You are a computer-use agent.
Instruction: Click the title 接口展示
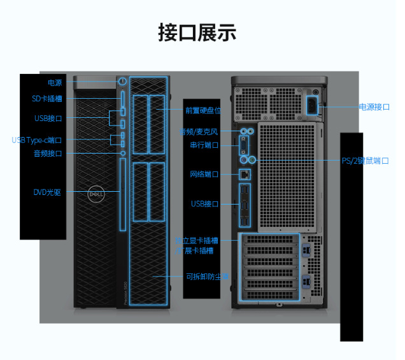[197, 33]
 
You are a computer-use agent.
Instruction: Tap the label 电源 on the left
[55, 83]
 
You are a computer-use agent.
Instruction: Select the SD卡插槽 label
[47, 99]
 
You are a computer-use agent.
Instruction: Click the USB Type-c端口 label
[37, 140]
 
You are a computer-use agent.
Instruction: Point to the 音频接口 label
[48, 154]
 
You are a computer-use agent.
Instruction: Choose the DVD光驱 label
[47, 192]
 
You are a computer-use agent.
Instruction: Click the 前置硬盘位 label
[203, 110]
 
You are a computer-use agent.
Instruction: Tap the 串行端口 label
[204, 145]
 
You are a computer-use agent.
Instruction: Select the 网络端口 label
[204, 174]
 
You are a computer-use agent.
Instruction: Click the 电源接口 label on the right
[374, 107]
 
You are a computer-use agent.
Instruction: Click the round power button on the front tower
[122, 82]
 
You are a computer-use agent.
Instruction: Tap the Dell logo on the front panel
[95, 191]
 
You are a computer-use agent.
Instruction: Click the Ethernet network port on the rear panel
[245, 173]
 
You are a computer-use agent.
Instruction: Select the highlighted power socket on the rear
[314, 105]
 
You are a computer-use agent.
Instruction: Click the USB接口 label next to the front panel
[48, 119]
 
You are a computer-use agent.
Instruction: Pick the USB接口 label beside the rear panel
[204, 204]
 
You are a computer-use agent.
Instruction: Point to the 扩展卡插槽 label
[194, 251]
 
